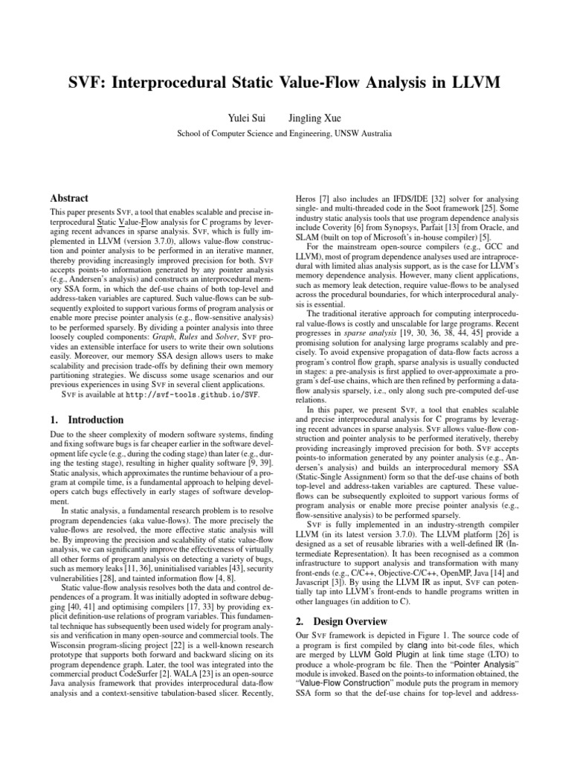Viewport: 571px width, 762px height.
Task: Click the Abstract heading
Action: pos(68,199)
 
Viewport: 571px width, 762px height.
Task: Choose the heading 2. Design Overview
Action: pos(340,620)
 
